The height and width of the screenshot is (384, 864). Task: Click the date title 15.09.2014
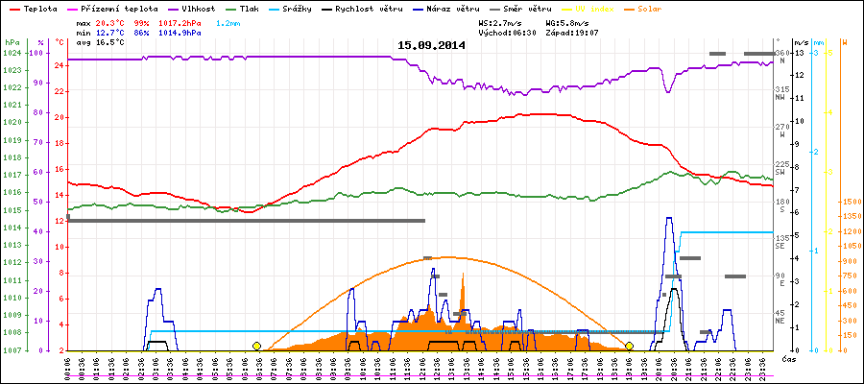[431, 45]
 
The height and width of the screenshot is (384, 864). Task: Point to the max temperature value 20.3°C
[111, 21]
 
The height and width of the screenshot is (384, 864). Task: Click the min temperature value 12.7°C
[111, 32]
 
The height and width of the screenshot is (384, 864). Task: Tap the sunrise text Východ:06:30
[507, 32]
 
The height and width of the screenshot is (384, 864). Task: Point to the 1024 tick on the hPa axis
[12, 53]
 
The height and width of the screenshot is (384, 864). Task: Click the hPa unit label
[12, 42]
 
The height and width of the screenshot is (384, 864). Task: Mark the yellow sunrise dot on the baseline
[256, 346]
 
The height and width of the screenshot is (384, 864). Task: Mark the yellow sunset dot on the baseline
[629, 346]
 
